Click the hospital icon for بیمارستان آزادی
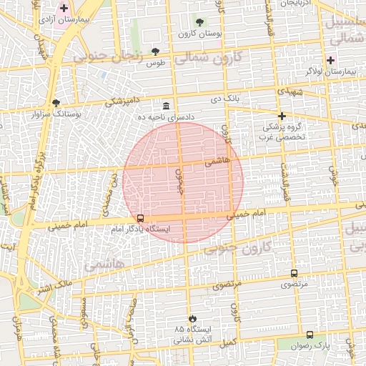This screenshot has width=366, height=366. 64,9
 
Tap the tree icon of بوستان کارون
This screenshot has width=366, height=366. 199,22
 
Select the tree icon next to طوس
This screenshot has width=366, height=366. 155,51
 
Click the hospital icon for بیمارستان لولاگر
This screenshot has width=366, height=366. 330,59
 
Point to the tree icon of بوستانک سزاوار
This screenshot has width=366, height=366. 56,102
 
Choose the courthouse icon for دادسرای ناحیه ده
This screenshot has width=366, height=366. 166,105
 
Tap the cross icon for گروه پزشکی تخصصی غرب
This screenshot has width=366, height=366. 282,116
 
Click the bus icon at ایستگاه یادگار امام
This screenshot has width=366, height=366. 140,218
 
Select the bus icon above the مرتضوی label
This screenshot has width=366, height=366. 294,273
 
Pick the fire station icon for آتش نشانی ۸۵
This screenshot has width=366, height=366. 192,318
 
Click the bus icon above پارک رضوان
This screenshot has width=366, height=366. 310,335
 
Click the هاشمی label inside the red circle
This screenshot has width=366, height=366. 217,162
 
